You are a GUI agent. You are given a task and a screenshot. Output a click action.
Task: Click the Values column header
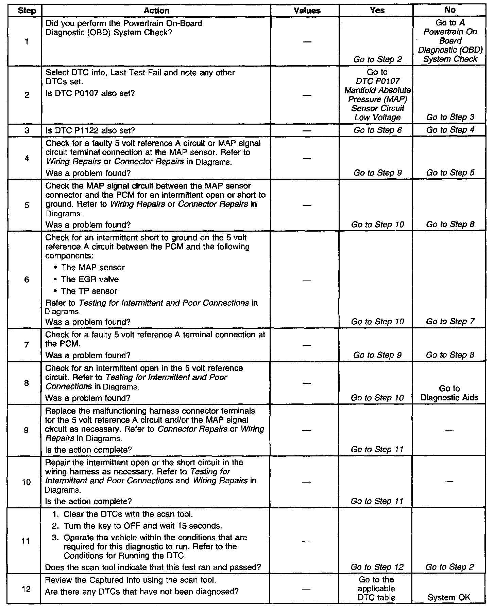pos(307,11)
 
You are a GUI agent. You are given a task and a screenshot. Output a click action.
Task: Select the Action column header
pos(156,11)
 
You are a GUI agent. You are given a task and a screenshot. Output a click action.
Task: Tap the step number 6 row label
pos(27,279)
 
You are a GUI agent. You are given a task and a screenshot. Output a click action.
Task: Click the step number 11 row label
pos(26,541)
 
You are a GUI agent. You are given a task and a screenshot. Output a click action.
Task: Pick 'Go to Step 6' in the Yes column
pos(377,130)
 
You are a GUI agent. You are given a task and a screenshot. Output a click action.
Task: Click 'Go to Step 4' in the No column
pos(450,130)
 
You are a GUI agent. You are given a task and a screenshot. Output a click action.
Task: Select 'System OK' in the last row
pos(449,597)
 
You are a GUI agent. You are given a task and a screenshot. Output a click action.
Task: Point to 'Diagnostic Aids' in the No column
pos(449,398)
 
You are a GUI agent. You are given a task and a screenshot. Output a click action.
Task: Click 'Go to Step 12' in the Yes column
pos(377,567)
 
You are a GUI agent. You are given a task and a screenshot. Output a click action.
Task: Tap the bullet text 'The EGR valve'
pos(90,279)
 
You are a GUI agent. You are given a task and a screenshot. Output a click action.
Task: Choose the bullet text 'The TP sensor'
pos(89,291)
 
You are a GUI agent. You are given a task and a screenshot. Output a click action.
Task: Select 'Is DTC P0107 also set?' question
pos(90,93)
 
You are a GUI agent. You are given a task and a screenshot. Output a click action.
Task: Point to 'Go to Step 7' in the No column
pos(450,322)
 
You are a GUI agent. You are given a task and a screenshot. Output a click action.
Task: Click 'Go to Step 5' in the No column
pos(450,173)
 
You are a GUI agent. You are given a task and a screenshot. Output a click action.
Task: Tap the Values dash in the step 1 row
pos(307,42)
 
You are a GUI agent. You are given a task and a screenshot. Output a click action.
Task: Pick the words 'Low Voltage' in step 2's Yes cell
pos(377,118)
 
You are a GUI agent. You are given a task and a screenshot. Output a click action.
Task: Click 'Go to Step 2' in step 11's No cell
pos(449,567)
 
